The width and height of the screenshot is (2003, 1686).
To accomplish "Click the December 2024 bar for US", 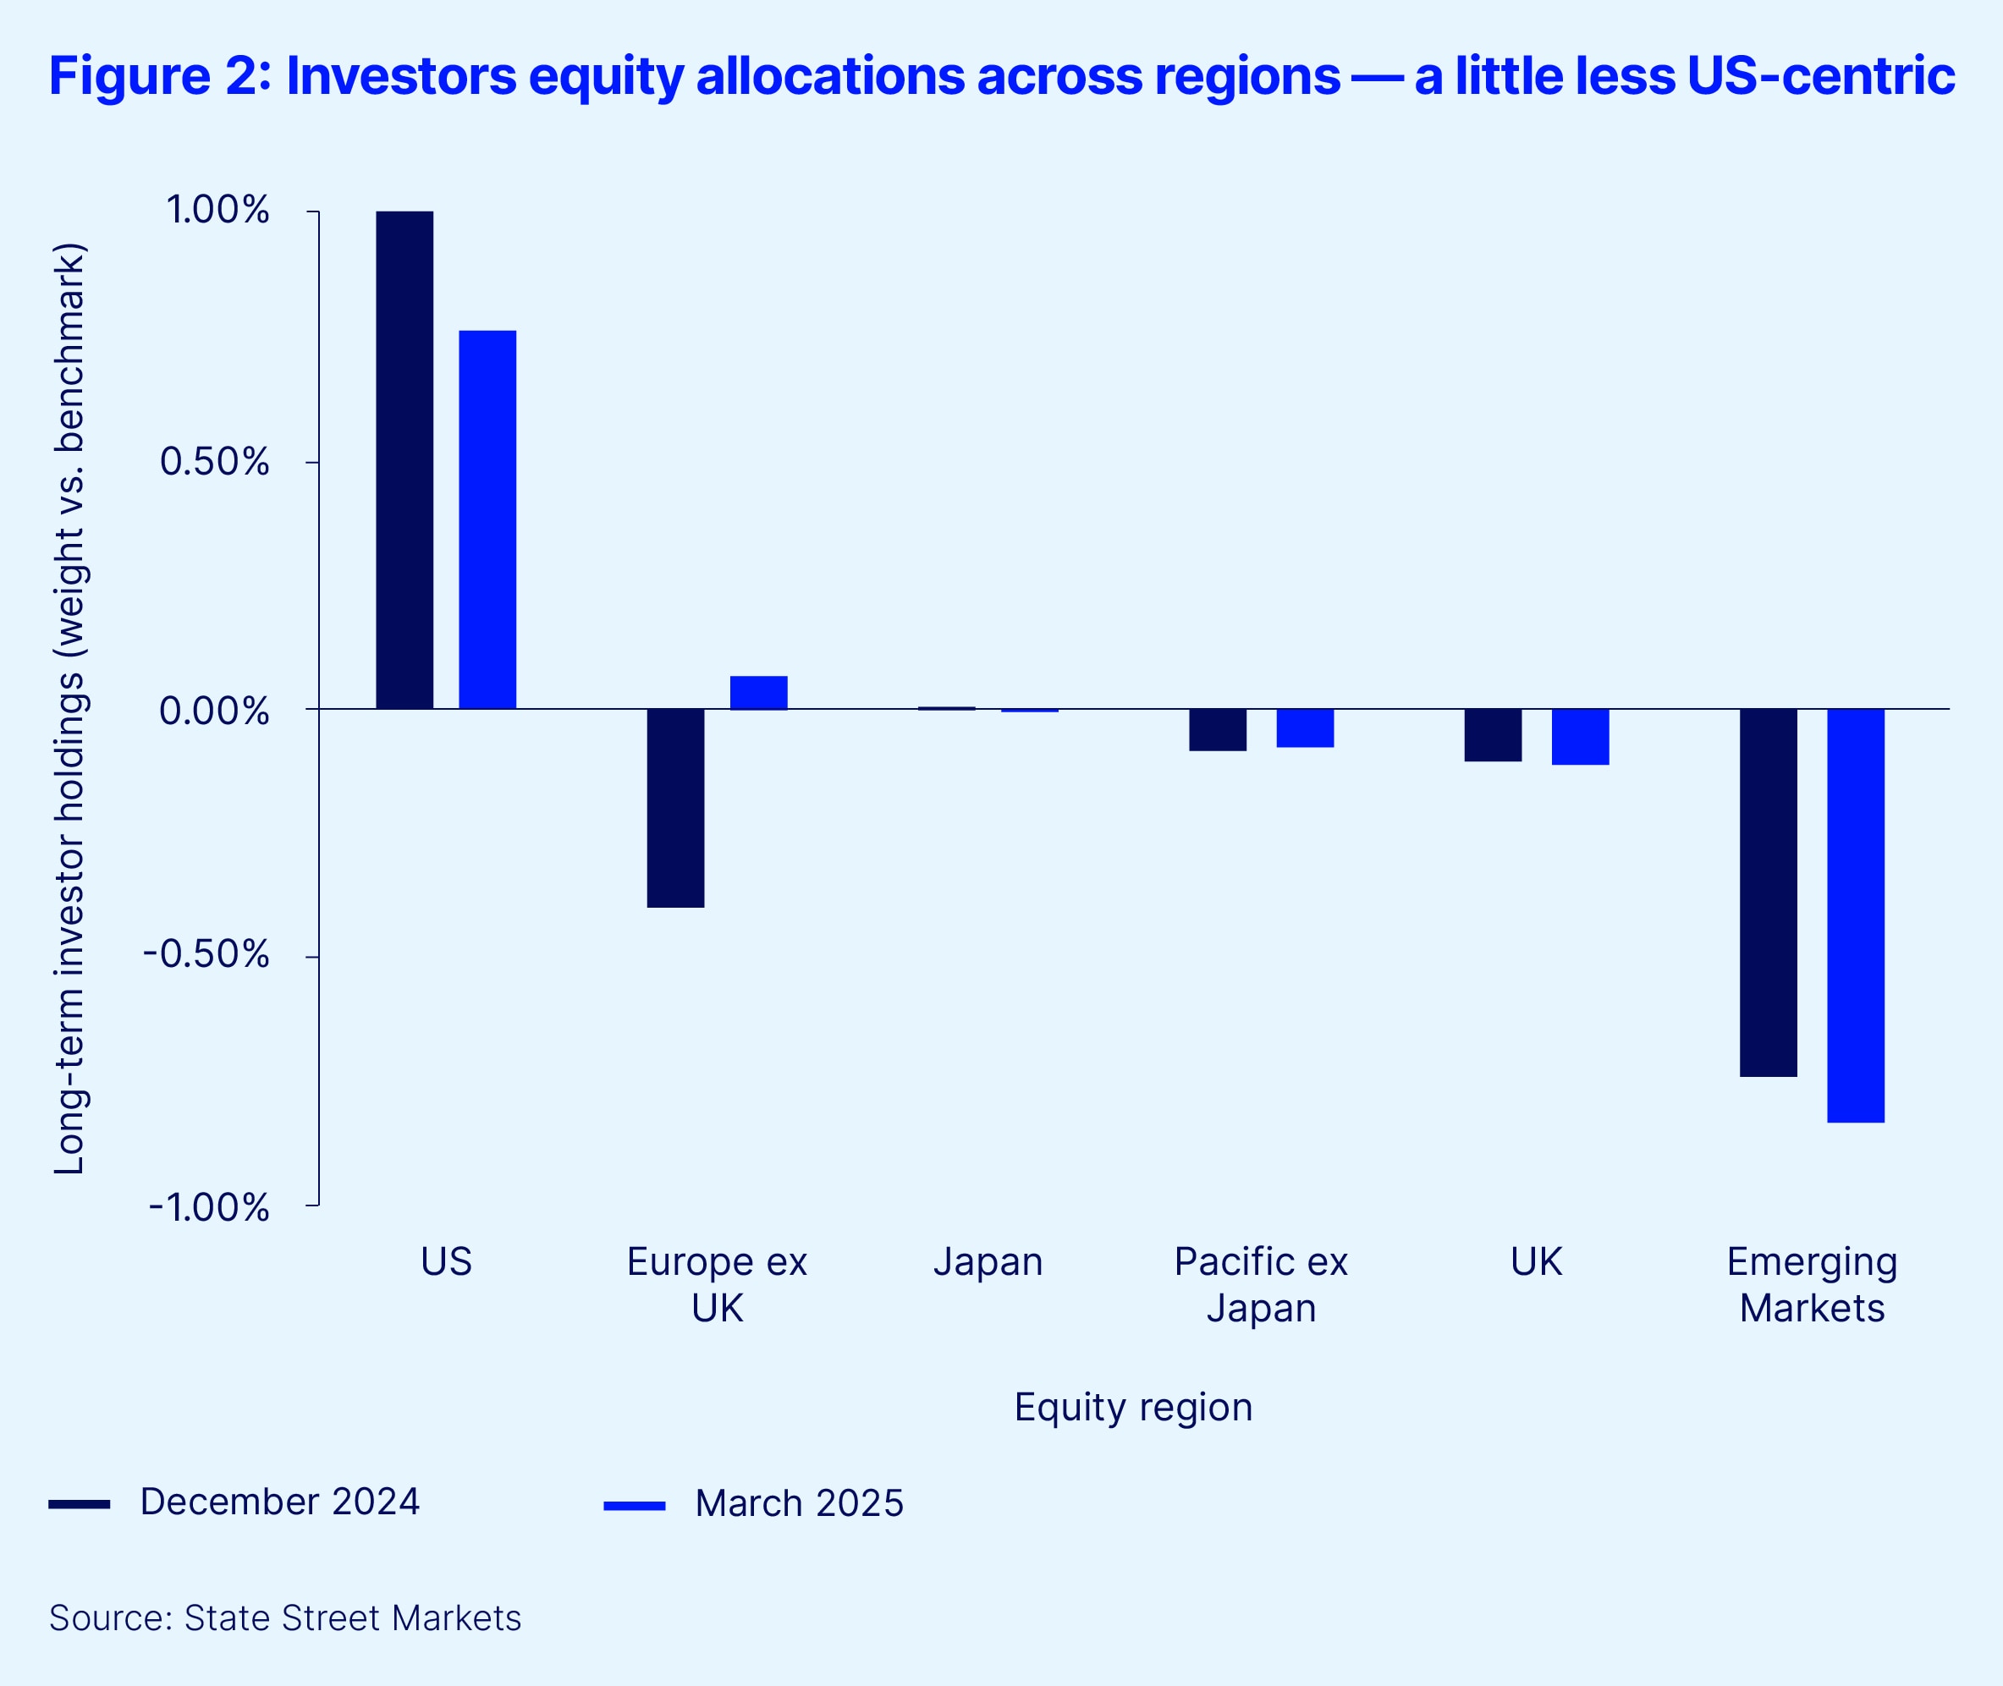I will point(404,459).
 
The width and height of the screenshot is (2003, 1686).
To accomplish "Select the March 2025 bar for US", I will point(487,519).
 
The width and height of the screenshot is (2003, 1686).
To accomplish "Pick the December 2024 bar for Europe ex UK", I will point(675,808).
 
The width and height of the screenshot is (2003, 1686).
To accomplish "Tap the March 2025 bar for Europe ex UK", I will point(758,692).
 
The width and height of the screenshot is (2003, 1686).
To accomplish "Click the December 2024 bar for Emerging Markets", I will point(1768,892).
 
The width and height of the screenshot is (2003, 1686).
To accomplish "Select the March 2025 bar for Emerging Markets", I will point(1856,915).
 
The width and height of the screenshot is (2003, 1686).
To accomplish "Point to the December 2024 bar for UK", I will point(1493,735).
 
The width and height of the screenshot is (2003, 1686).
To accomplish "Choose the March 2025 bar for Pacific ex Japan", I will point(1305,728).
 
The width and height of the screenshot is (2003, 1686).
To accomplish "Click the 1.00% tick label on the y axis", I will point(218,211).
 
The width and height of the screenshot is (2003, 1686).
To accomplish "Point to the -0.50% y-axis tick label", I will point(206,955).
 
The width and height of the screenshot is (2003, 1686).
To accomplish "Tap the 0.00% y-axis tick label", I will point(214,711).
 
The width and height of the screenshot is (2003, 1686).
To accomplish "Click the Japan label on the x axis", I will point(988,1262).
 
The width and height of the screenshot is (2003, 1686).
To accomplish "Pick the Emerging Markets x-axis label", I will point(1812,1284).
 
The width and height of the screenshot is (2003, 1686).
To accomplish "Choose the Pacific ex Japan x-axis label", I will point(1261,1284).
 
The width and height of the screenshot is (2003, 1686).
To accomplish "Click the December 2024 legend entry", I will point(279,1502).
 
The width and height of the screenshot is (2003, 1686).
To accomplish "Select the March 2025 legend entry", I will point(798,1503).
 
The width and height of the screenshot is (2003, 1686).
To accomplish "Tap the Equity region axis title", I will point(1133,1407).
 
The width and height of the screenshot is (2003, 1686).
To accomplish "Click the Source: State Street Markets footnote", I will point(285,1618).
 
